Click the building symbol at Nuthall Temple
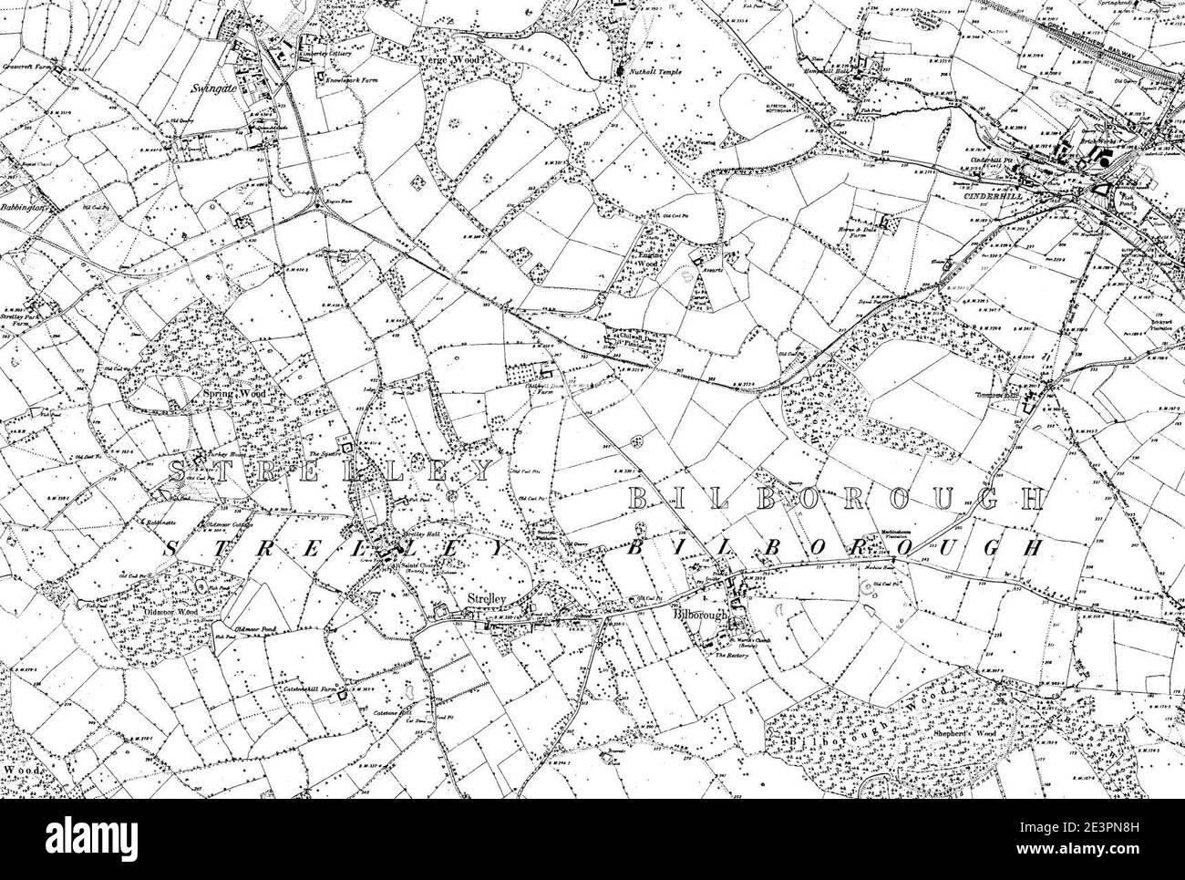click(623, 70)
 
